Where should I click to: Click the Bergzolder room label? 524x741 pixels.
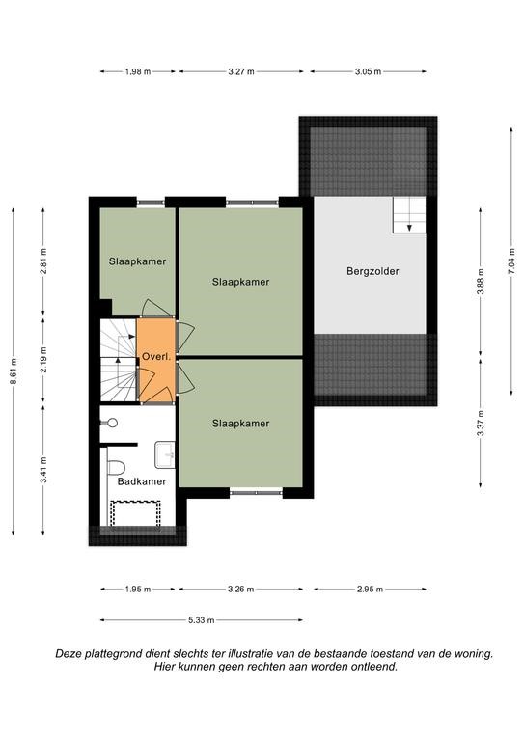[372, 271]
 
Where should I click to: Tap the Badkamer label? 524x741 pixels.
[142, 481]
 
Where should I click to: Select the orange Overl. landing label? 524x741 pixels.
[156, 357]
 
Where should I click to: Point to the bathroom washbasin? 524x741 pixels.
[165, 454]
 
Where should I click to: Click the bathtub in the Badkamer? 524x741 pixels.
[135, 513]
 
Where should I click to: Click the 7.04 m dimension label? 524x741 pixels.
[511, 260]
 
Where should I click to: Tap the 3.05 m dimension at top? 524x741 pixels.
[368, 71]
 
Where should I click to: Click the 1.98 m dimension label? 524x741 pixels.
[138, 71]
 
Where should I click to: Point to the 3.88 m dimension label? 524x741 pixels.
[481, 282]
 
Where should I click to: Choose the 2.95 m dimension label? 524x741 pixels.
[370, 589]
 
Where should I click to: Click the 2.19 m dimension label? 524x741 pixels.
[43, 360]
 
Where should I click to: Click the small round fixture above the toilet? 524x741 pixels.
[112, 423]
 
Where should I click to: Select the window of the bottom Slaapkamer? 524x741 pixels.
[256, 493]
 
